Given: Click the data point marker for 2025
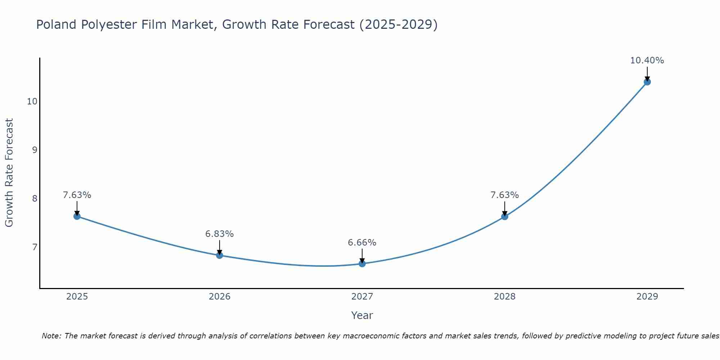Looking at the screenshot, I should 77,216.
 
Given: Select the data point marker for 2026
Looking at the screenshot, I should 220,255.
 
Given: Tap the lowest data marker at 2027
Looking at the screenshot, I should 362,264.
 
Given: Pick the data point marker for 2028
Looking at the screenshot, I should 505,216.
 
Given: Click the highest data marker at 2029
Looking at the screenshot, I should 647,82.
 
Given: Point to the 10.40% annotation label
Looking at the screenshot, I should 647,60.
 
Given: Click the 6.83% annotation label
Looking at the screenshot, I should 220,234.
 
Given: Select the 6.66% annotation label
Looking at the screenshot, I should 362,243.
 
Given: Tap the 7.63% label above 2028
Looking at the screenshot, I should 505,195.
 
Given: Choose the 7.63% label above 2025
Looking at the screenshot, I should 77,195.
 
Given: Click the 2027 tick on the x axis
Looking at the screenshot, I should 362,297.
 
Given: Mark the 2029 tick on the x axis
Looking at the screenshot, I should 647,297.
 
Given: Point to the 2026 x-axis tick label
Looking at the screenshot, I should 220,297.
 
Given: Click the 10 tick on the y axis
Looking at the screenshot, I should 32,102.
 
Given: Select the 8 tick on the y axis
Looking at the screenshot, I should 35,199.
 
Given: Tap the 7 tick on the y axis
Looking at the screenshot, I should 35,247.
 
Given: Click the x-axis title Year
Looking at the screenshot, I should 362,315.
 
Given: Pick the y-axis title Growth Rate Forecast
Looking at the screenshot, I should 9,173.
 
